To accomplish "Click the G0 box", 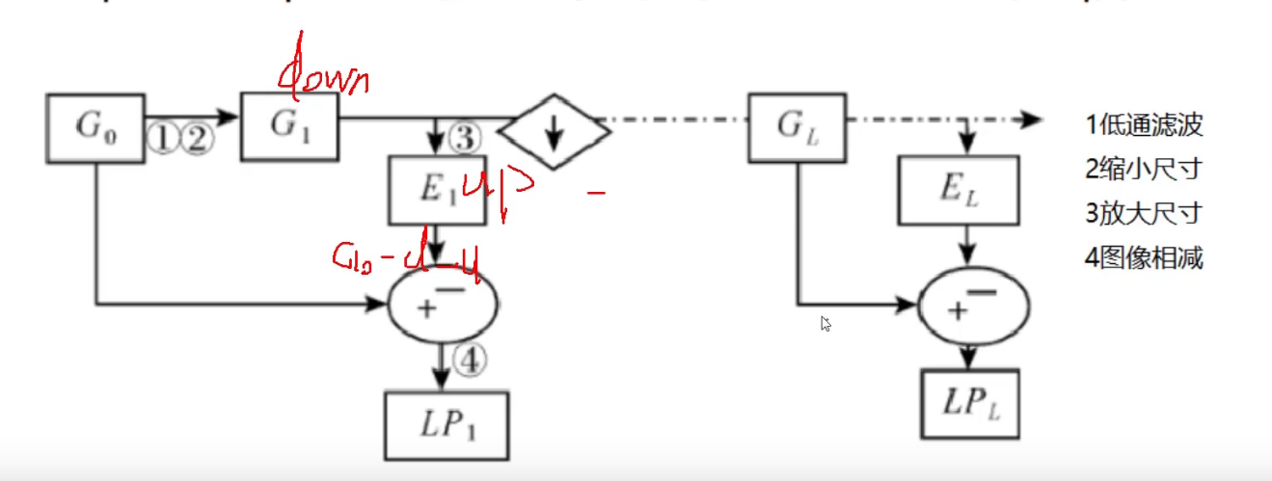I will pos(95,127).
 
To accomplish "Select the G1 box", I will pos(290,126).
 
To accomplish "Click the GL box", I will pos(798,126).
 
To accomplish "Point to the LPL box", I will pos(967,403).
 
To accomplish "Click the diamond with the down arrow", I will pos(553,133).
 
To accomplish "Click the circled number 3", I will pos(463,139).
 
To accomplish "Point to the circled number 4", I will pos(471,361).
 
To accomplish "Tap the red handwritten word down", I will pos(322,75).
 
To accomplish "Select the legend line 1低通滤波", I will pos(1143,125).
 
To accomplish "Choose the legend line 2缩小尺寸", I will pos(1143,170).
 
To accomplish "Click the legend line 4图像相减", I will pos(1143,258).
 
